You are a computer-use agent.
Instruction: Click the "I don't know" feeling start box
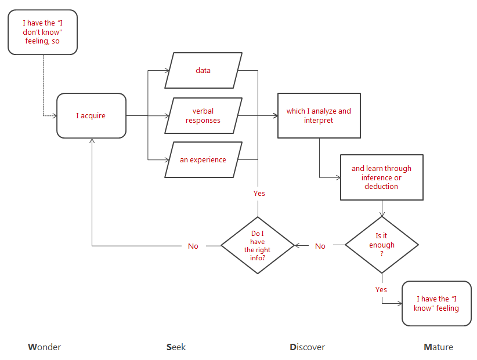tap(42, 32)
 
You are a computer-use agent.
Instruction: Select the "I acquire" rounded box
tap(91, 116)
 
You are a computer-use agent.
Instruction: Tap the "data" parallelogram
tap(203, 71)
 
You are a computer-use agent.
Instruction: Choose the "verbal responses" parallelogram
tap(203, 116)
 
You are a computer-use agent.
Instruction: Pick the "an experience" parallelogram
tap(203, 160)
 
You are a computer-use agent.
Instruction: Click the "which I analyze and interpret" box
tap(319, 116)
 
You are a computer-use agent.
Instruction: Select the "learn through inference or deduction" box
tap(381, 177)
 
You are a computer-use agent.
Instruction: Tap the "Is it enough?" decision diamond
tap(381, 245)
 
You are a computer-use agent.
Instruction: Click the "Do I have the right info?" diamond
tap(258, 246)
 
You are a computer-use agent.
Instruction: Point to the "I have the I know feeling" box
tap(436, 304)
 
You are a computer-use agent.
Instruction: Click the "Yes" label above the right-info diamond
tap(259, 193)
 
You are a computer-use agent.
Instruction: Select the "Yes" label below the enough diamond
tap(381, 289)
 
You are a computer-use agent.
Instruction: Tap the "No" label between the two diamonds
tap(320, 246)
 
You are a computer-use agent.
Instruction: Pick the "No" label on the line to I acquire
tap(193, 246)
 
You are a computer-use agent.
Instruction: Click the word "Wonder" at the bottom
tap(45, 347)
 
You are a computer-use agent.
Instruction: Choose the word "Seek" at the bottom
tap(176, 347)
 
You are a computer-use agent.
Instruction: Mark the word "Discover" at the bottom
tap(308, 347)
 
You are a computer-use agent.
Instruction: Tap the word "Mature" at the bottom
tap(439, 347)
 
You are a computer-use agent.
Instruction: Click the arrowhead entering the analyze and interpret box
tap(275, 116)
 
